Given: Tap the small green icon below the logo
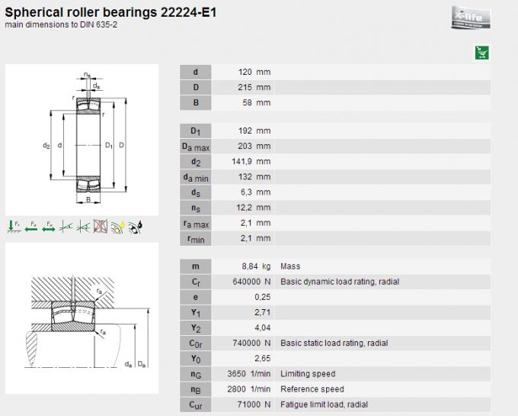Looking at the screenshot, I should (x=481, y=53).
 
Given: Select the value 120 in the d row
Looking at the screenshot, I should (x=245, y=72).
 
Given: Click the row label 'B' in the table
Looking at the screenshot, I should (x=196, y=102).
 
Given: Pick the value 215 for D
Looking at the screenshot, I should (x=245, y=87).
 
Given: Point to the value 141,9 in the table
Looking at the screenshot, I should (x=239, y=161).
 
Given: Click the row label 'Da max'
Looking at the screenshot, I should (x=196, y=146).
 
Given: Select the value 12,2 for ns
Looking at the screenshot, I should (x=241, y=207).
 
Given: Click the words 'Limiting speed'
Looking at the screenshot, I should (x=308, y=373).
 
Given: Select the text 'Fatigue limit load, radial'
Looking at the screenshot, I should (x=325, y=404).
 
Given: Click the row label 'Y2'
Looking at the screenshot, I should (x=196, y=327).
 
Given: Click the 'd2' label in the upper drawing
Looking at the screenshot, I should (x=46, y=145).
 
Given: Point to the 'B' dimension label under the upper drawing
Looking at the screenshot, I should (x=88, y=200).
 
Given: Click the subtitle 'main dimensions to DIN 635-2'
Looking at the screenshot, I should (x=61, y=25).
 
